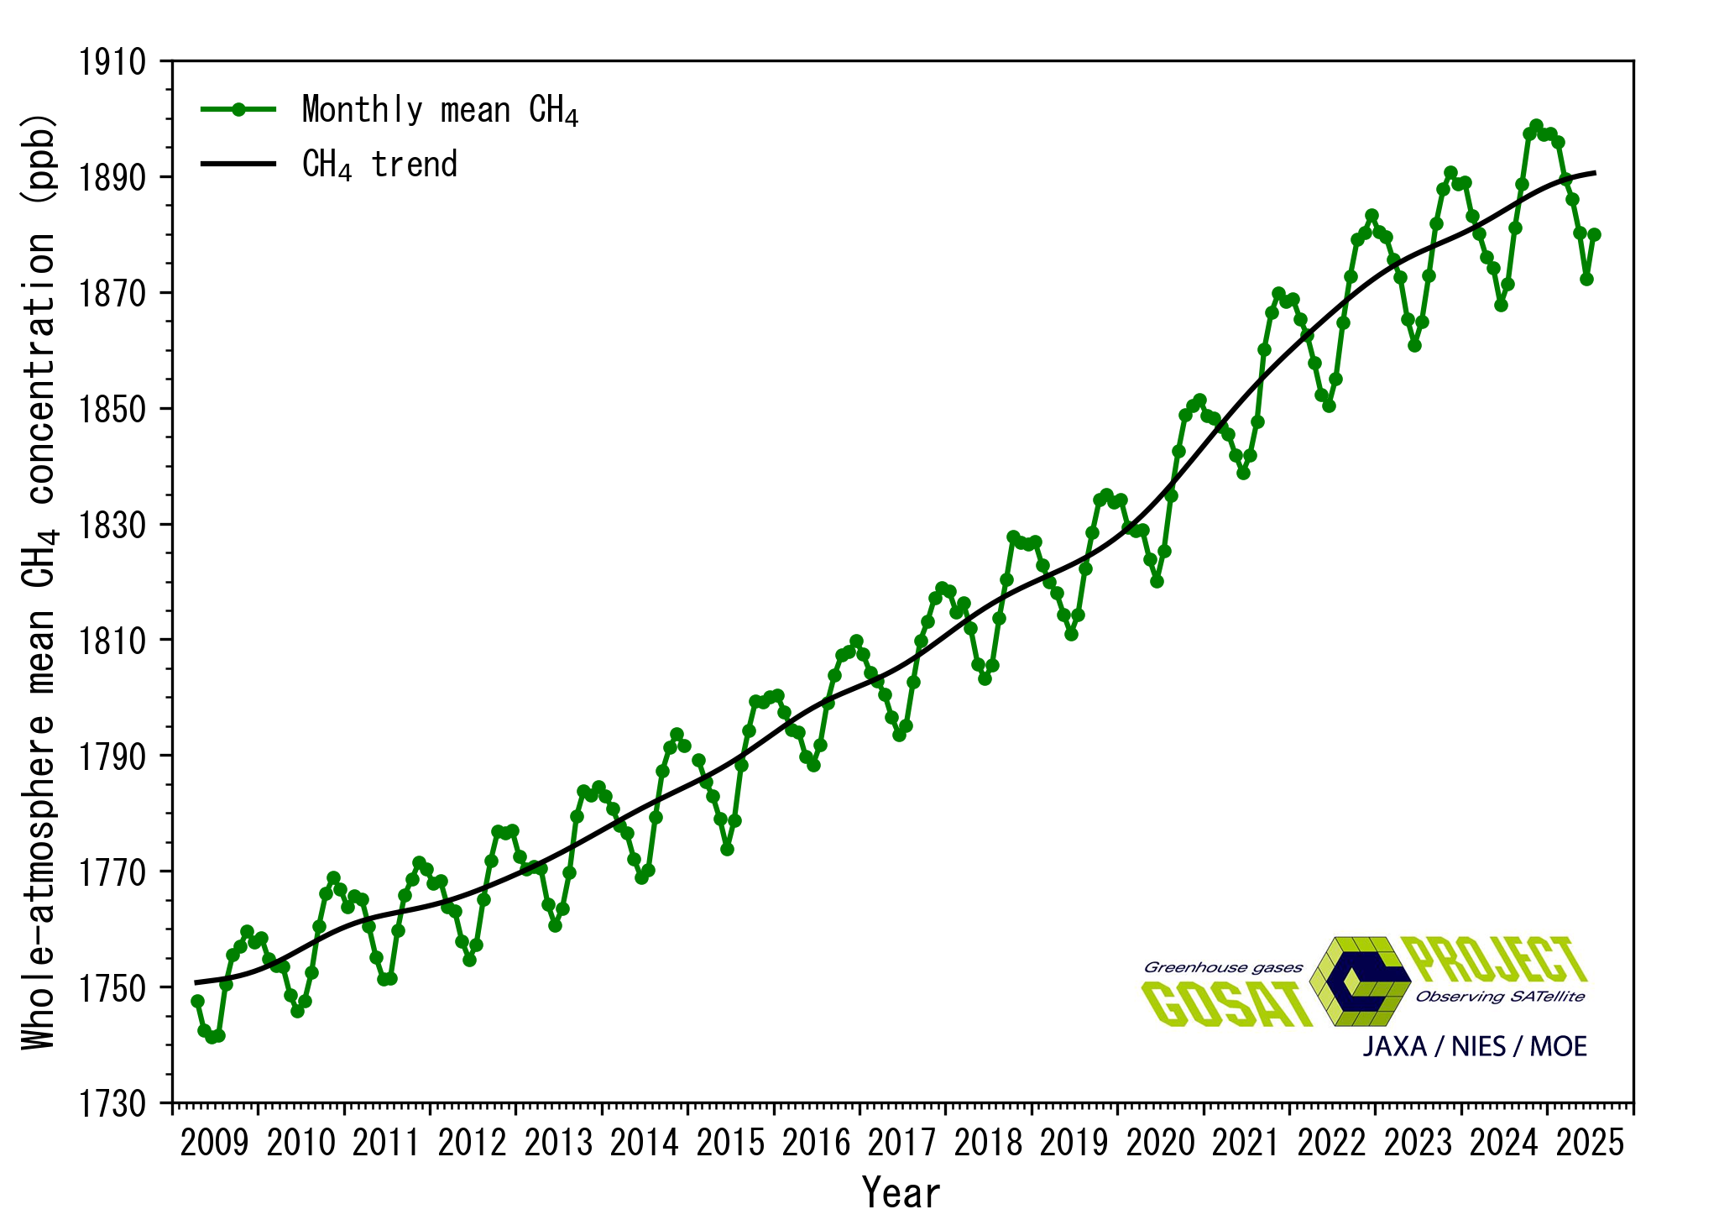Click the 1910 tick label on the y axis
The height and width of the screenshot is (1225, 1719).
click(112, 62)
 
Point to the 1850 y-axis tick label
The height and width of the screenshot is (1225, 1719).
click(112, 410)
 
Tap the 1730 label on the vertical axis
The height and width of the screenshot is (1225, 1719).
click(112, 1103)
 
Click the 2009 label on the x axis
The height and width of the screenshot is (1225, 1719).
click(215, 1143)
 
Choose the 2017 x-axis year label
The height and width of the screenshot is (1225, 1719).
click(901, 1143)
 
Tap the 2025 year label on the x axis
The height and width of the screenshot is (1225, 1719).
click(1590, 1143)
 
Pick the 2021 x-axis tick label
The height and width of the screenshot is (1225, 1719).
click(1246, 1143)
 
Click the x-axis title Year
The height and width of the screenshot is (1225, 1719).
click(901, 1193)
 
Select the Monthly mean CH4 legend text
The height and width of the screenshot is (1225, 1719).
click(440, 110)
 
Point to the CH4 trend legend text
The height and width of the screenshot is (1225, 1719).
click(379, 165)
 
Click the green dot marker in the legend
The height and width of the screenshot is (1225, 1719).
click(238, 109)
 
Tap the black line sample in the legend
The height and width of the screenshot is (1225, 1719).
click(238, 164)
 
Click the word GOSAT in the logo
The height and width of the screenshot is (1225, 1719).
click(1226, 1004)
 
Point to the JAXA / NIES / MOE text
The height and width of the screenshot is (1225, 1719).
click(1475, 1046)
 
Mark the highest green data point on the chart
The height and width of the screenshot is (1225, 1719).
click(1536, 126)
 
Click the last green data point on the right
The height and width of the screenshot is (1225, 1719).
click(1594, 235)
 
